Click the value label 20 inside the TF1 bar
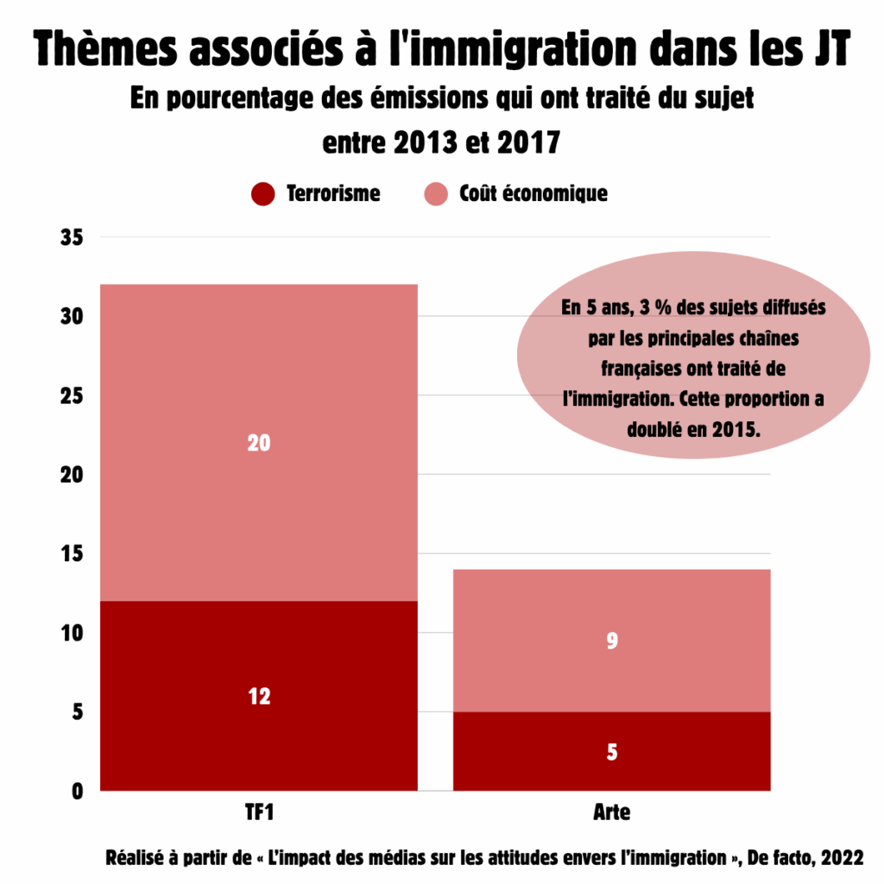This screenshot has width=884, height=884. click(259, 444)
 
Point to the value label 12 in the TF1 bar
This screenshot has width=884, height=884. click(259, 696)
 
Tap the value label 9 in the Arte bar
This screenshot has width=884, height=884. click(612, 641)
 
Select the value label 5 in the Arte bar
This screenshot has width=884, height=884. click(612, 752)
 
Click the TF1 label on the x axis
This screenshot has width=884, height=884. click(259, 813)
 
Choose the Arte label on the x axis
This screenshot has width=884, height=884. click(612, 813)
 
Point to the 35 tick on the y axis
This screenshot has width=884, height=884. click(71, 237)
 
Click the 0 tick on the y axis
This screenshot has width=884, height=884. click(77, 792)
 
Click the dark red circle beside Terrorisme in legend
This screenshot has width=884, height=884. click(262, 194)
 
